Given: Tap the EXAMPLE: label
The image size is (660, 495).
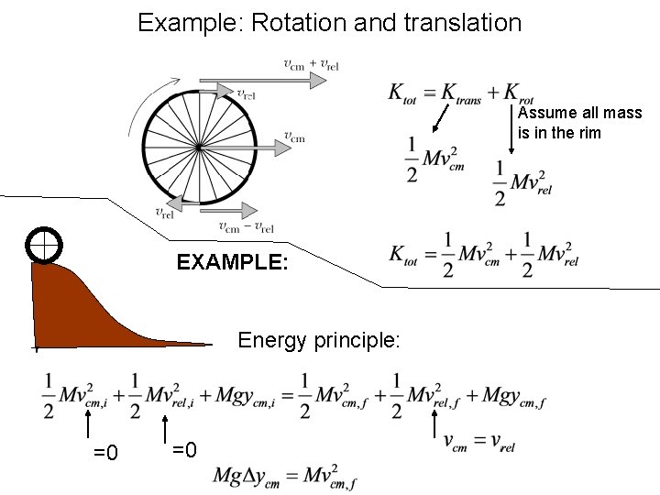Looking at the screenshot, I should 233,264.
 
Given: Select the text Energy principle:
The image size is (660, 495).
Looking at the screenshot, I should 319,341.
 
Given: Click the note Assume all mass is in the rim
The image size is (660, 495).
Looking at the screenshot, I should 579,124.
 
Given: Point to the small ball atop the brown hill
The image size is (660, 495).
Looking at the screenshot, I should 43,245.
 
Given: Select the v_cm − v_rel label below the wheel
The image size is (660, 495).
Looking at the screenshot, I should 247,227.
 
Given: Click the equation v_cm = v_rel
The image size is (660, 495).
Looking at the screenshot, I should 478,445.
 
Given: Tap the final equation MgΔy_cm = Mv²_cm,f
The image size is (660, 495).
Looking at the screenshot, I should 285,476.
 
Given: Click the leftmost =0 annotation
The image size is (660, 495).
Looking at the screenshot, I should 105,453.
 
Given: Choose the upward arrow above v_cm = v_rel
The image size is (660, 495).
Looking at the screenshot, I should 434,424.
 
